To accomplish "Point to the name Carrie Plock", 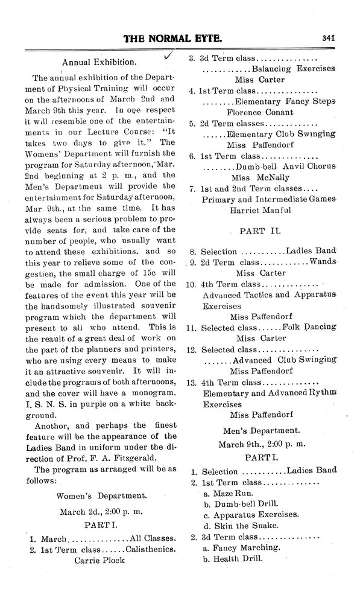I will [x=99, y=559].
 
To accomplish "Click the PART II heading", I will [x=260, y=231].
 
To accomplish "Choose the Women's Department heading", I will [x=101, y=495].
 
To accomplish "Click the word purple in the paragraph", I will [x=90, y=405].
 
